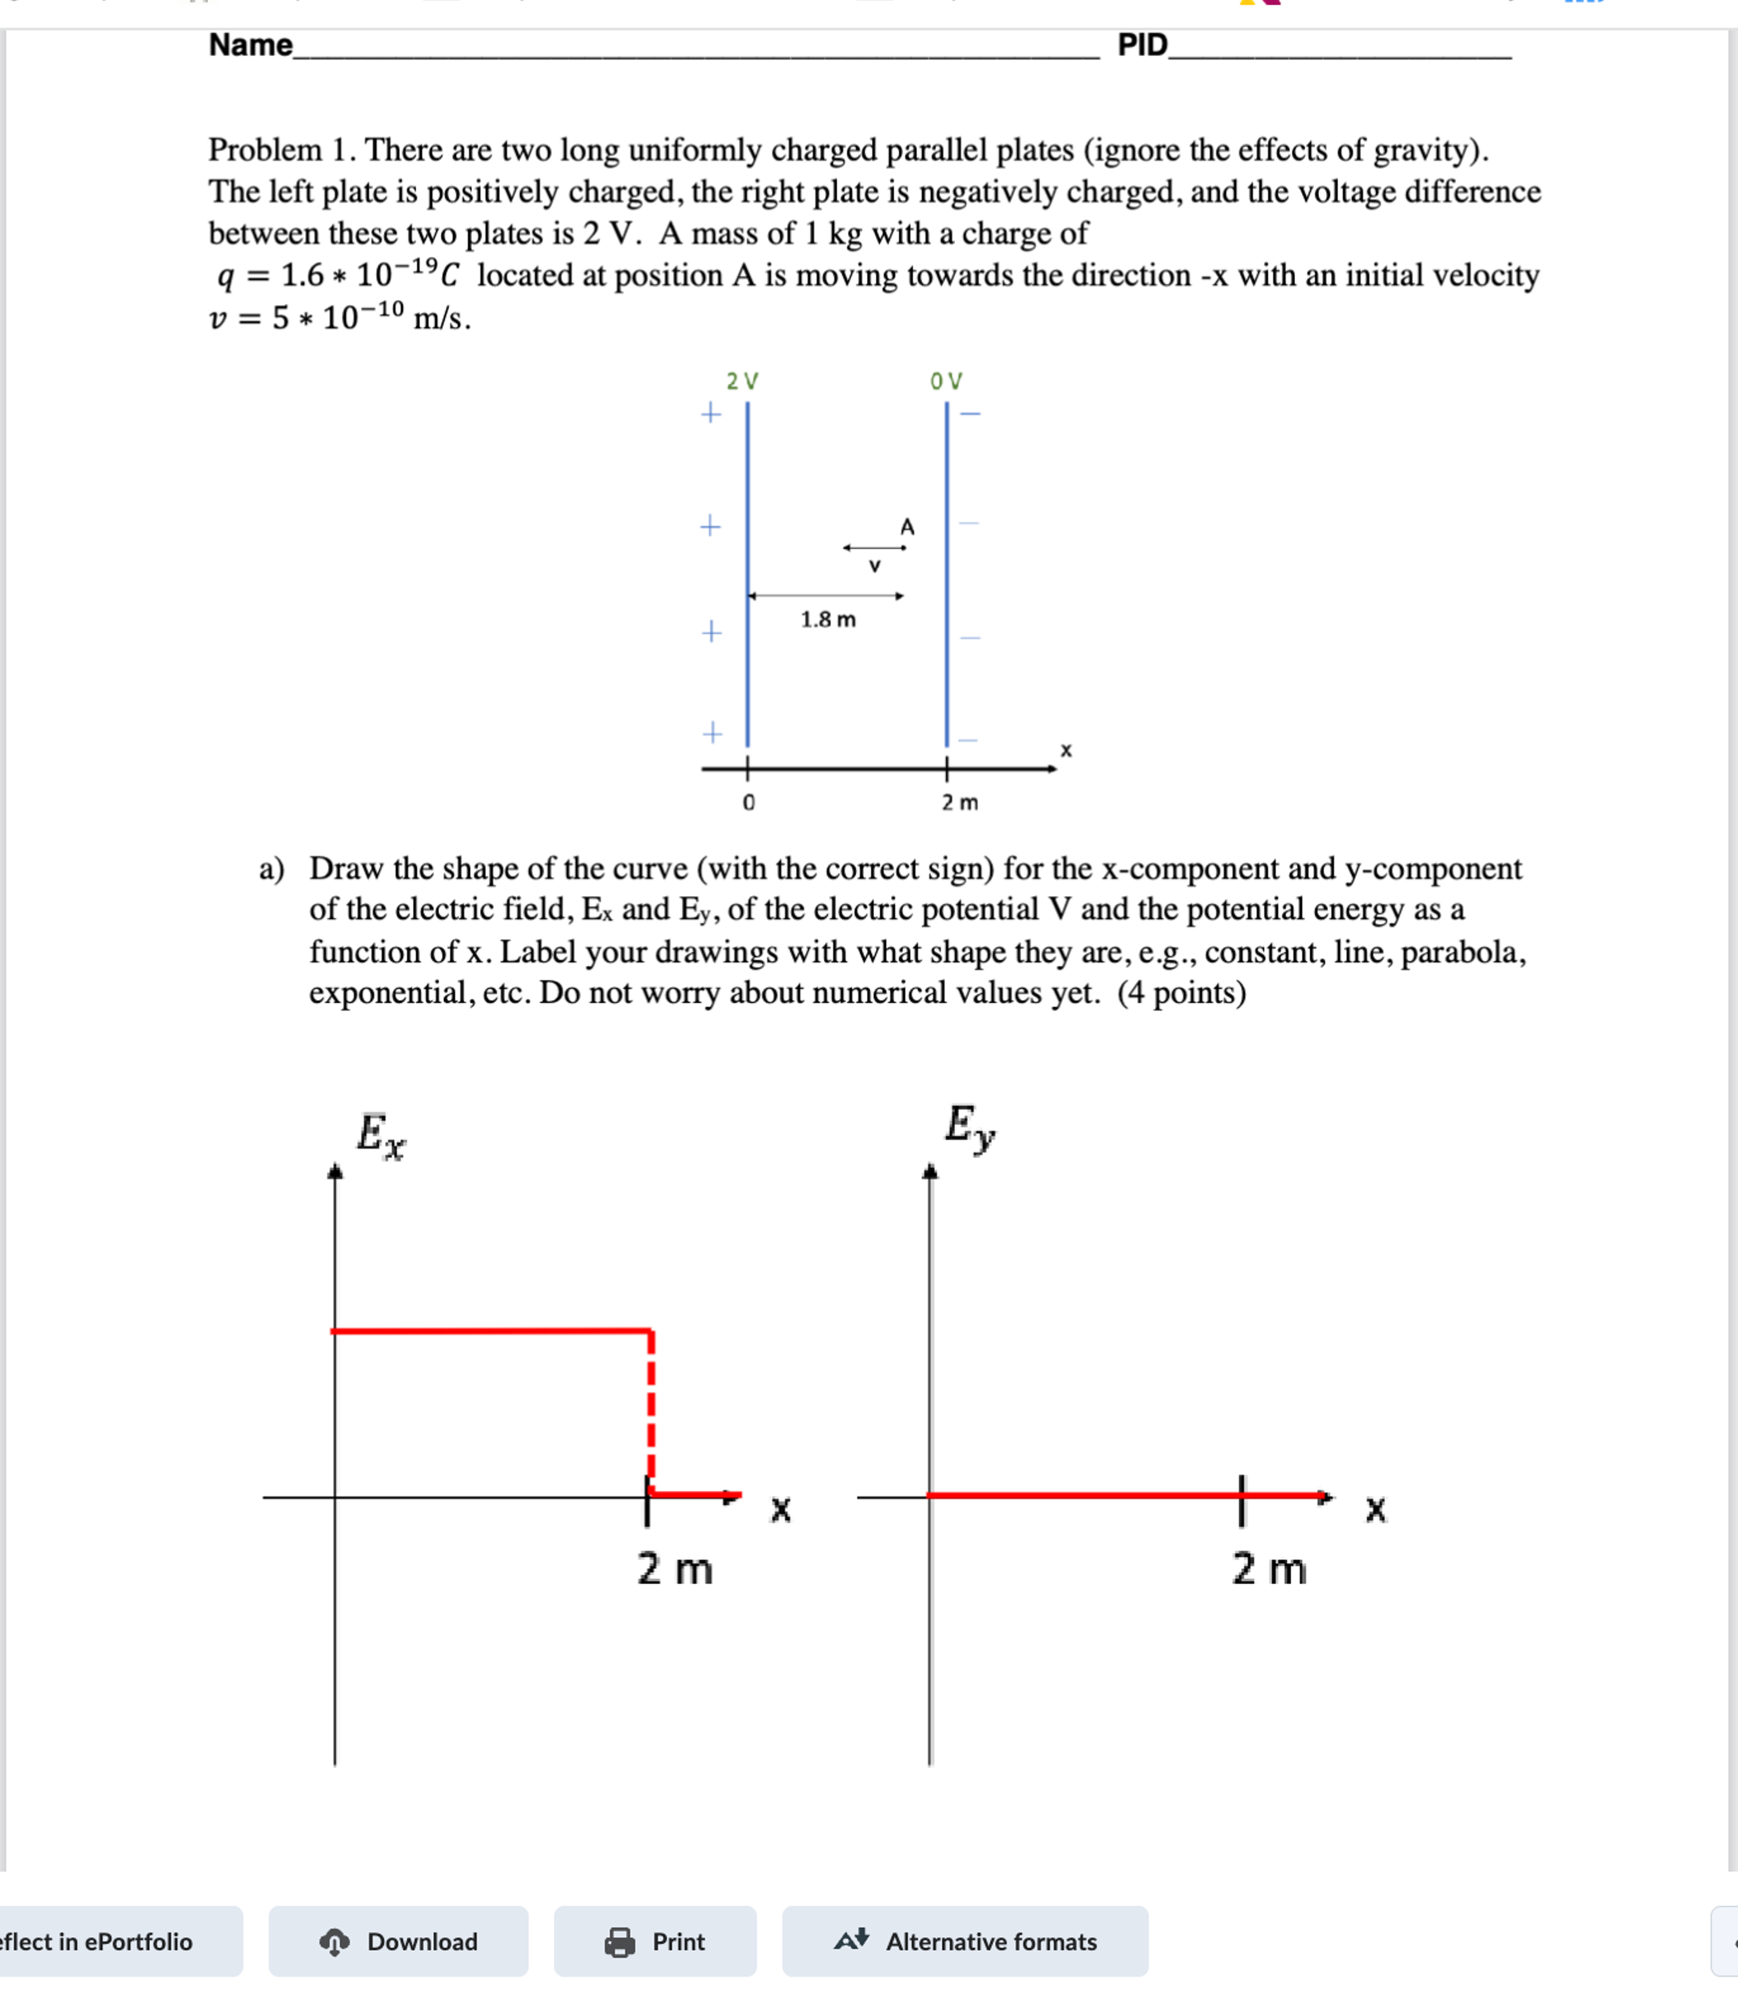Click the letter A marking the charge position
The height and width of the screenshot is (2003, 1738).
(x=907, y=527)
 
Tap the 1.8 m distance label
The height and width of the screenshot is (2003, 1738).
(x=827, y=619)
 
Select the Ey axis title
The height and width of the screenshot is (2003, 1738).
(x=970, y=1127)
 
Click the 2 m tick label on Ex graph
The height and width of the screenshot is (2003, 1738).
(x=675, y=1569)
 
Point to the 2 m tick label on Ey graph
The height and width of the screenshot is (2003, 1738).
(x=1269, y=1569)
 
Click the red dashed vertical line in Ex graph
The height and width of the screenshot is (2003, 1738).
(x=651, y=1411)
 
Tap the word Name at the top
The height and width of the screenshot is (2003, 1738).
(x=250, y=44)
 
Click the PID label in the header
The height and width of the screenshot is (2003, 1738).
(x=1143, y=44)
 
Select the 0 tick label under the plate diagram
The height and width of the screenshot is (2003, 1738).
(x=748, y=803)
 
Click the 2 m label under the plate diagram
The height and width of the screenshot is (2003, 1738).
(x=959, y=803)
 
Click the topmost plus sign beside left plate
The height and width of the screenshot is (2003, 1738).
(x=711, y=413)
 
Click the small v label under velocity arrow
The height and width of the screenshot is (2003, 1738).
(x=874, y=566)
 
